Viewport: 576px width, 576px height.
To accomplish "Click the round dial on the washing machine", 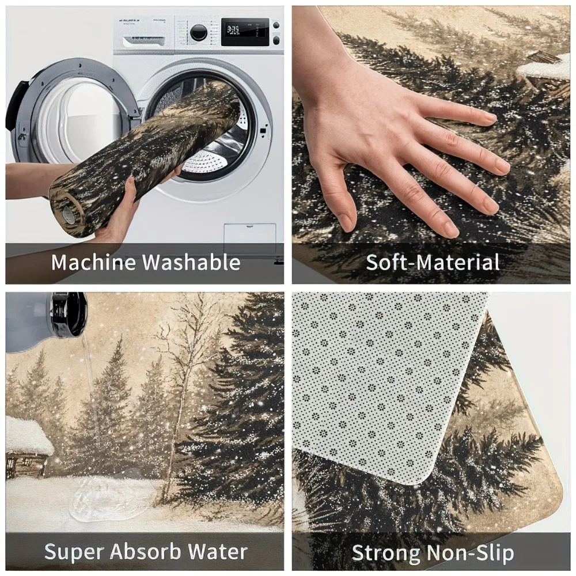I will coord(199,32).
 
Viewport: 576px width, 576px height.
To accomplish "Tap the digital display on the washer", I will coord(245,32).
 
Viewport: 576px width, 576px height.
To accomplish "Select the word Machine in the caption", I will coord(93,263).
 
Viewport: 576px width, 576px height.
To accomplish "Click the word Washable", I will coord(191,263).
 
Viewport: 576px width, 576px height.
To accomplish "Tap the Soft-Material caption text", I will coord(433,263).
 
